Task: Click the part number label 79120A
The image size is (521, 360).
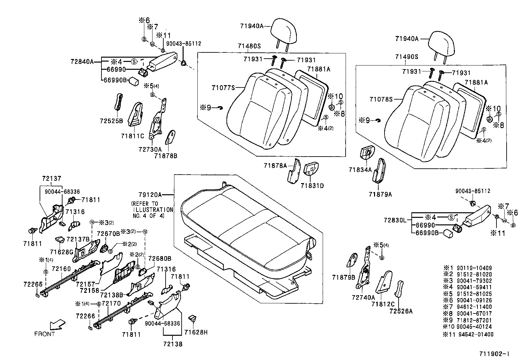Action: click(x=149, y=195)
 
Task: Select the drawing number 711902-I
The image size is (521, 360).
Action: click(x=494, y=354)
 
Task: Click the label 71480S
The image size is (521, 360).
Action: click(x=249, y=46)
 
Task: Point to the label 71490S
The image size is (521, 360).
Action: click(x=406, y=57)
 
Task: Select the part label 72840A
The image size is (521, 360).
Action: click(x=82, y=61)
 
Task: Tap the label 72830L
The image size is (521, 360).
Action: click(x=395, y=220)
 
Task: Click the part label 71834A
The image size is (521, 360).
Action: click(x=360, y=170)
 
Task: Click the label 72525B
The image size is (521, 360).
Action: click(x=111, y=121)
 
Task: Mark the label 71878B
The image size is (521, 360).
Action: click(x=166, y=156)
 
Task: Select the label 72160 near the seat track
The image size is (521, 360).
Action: click(x=61, y=269)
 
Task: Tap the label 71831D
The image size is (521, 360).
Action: click(x=312, y=186)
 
